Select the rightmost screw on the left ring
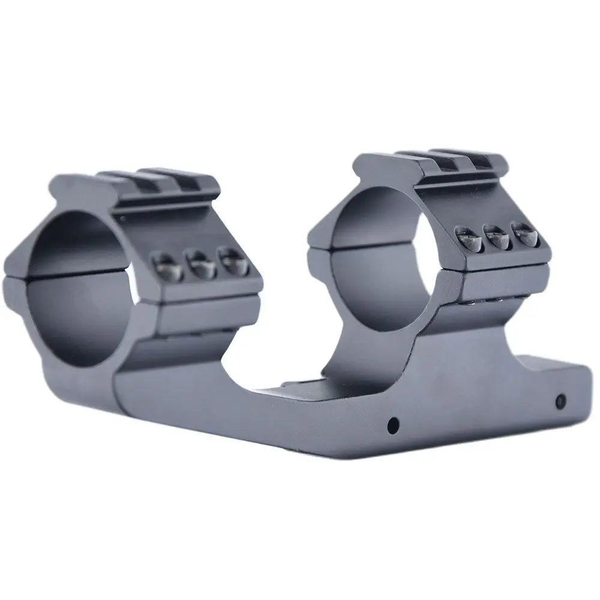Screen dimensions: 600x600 (x=230, y=259)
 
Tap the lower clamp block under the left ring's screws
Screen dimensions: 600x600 (x=207, y=312)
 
